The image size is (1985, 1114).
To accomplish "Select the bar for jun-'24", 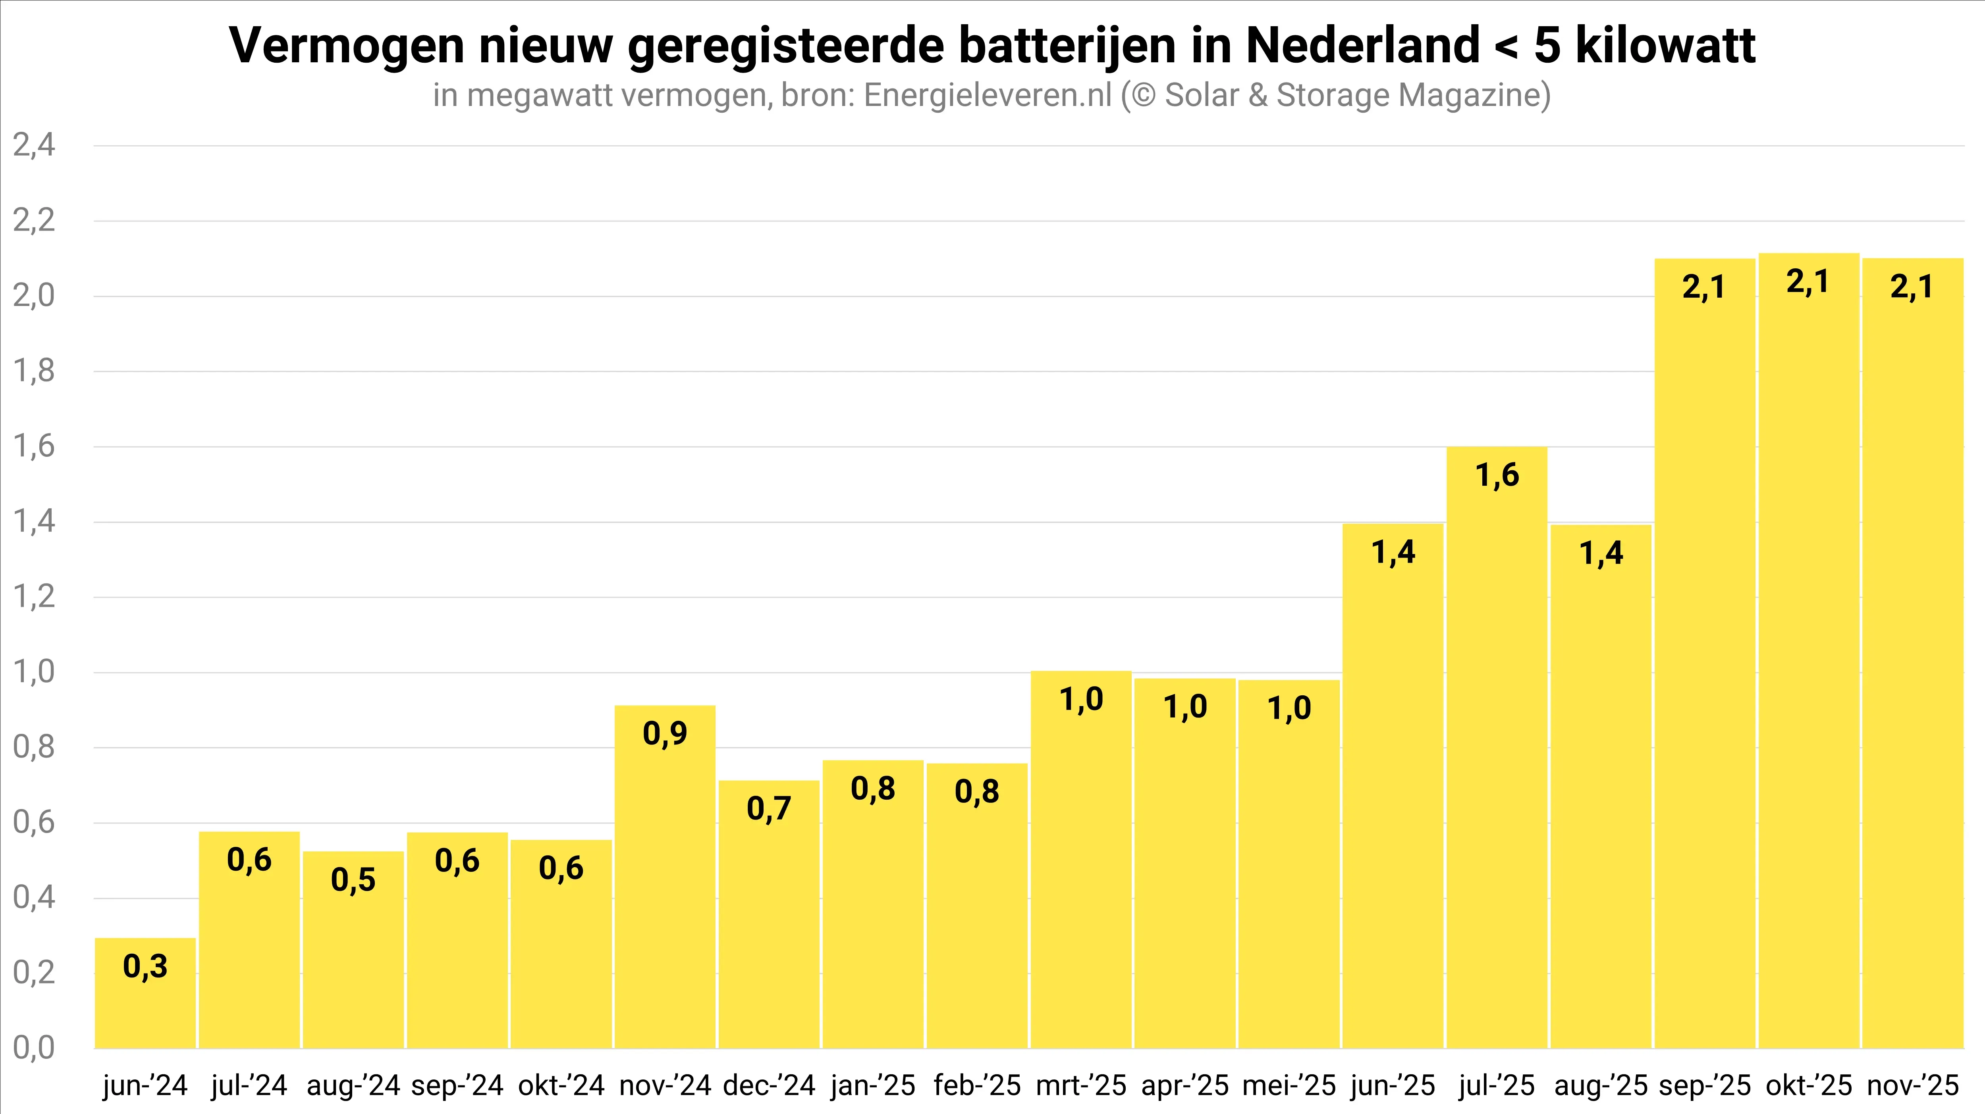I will tap(145, 994).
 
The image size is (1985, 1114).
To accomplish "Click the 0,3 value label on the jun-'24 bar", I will tap(145, 966).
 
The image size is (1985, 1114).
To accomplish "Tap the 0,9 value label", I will tap(665, 733).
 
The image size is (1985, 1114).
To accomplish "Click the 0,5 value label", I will tap(353, 879).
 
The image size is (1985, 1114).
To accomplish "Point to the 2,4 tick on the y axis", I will tap(34, 145).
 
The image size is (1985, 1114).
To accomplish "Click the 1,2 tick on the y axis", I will tap(34, 597).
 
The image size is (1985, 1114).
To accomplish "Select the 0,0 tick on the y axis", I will tap(34, 1048).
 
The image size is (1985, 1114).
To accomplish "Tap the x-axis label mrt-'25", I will tap(1081, 1085).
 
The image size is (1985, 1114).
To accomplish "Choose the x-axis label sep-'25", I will tap(1705, 1085).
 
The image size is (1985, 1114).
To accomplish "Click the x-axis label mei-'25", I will tap(1289, 1085).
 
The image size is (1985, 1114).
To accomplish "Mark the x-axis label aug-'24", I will tap(353, 1085).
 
